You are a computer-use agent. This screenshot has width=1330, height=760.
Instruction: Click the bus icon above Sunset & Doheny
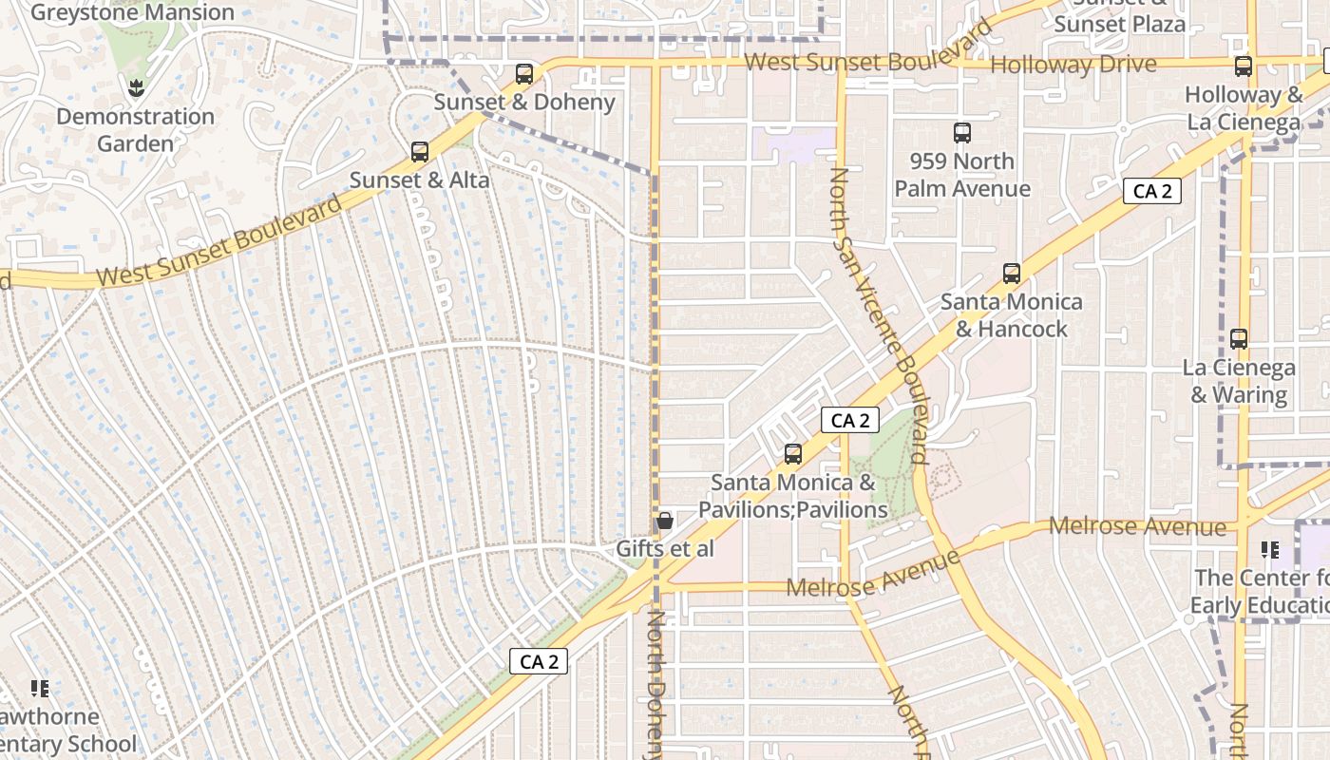point(523,73)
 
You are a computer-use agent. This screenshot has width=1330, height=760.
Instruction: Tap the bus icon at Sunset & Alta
point(419,151)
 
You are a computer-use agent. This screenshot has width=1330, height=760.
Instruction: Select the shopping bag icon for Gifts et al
point(665,521)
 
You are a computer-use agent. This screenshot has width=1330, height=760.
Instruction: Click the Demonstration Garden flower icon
point(135,88)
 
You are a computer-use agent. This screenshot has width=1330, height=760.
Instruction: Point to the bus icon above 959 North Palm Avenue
point(962,133)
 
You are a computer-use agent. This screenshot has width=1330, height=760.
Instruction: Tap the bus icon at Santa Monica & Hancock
point(1012,274)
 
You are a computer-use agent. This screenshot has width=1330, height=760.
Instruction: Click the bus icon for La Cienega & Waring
point(1239,338)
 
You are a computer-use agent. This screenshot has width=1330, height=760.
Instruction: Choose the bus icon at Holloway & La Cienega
point(1244,66)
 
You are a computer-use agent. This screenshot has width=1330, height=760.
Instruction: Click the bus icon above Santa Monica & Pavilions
point(793,454)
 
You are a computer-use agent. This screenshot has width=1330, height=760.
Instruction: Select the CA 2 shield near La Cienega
point(1152,191)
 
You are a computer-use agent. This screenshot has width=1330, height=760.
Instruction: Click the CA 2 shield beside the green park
point(850,420)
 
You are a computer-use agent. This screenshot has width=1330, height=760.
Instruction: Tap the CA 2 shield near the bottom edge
point(540,661)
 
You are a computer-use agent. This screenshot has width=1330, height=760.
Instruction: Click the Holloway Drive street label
point(1073,65)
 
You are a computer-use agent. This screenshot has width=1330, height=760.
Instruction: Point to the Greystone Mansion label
point(132,12)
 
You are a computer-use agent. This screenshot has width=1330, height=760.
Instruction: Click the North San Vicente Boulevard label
point(879,313)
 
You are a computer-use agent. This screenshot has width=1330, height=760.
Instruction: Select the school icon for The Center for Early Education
point(1270,549)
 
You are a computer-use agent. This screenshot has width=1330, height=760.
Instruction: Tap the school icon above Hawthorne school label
point(40,688)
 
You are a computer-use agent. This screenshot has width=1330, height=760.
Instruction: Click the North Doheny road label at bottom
point(656,684)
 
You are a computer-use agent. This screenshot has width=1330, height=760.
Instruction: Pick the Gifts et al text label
point(665,549)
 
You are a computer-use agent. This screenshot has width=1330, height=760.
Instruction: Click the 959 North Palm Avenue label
point(962,175)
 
